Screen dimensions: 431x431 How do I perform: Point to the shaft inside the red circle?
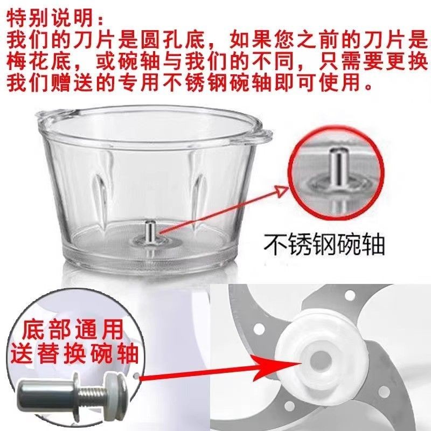pos(338,168)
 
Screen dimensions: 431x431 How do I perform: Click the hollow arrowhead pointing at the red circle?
pos(282,190)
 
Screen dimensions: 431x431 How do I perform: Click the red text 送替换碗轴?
pos(74,354)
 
